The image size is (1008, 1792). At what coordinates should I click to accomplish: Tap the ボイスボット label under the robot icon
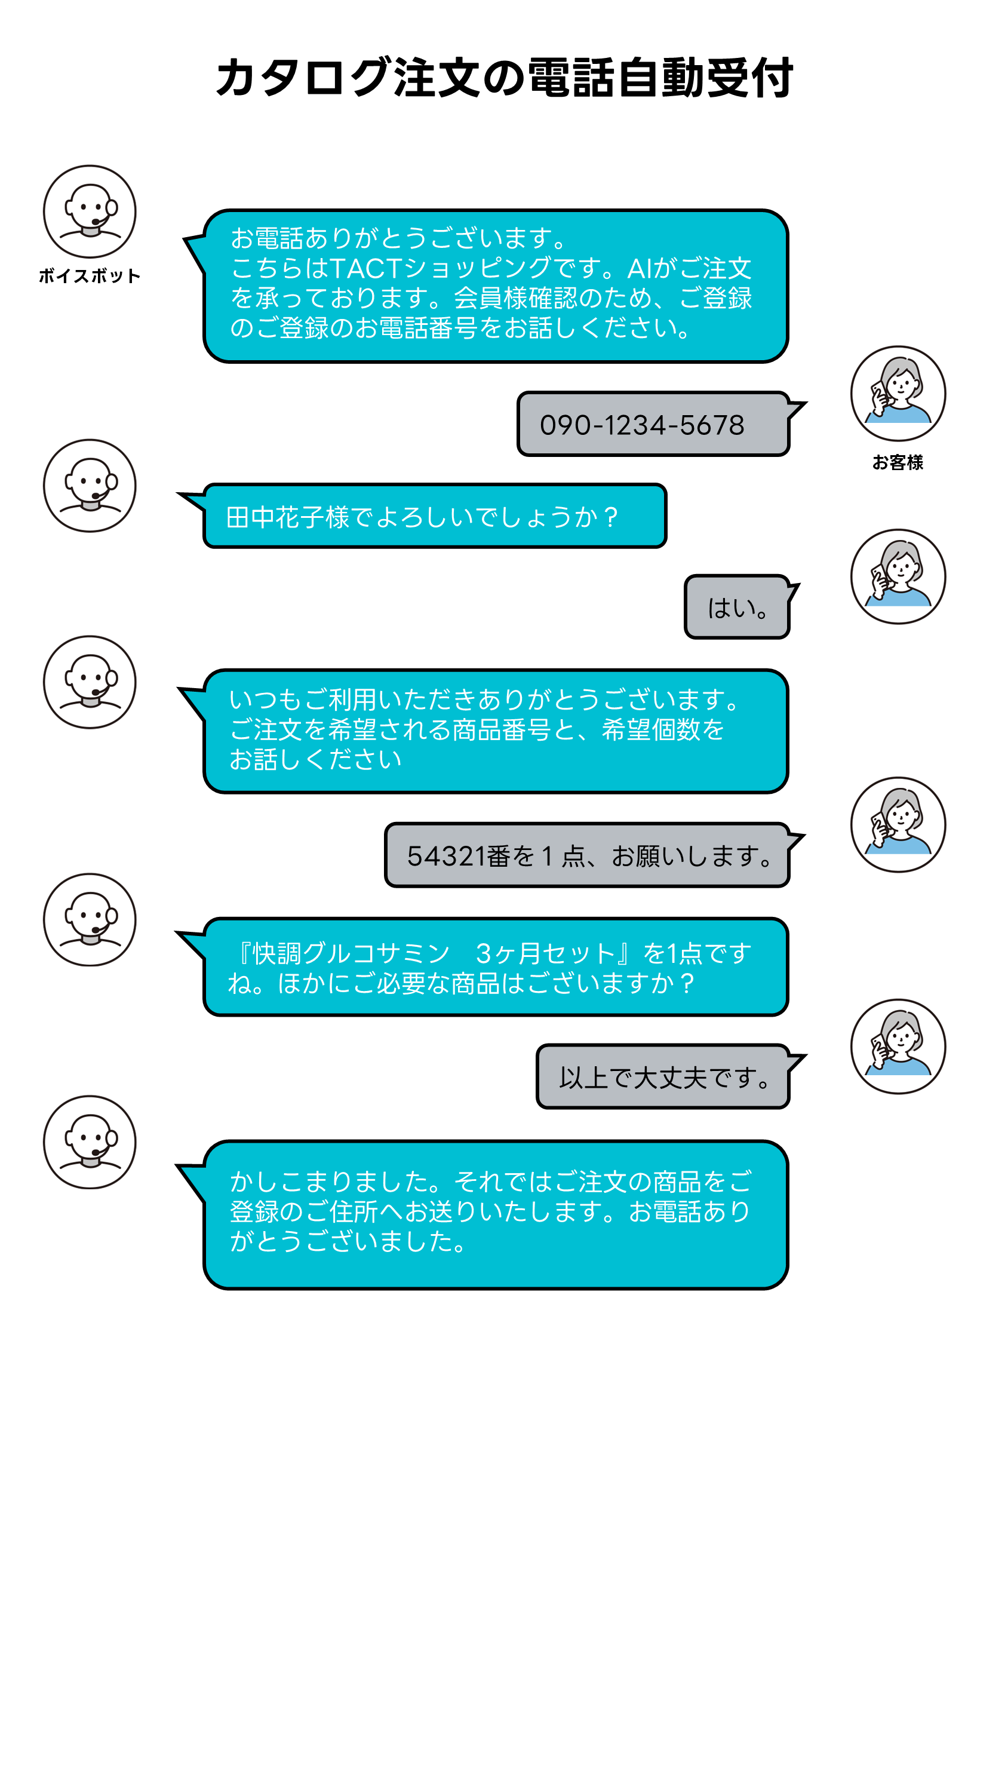pyautogui.click(x=90, y=276)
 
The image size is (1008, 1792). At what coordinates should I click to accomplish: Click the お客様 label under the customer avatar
pyautogui.click(x=898, y=462)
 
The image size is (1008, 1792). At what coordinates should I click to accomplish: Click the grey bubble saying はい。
pyautogui.click(x=737, y=607)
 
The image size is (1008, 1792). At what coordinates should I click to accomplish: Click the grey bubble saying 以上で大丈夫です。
pyautogui.click(x=665, y=1076)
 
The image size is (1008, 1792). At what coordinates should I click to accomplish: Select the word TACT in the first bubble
pyautogui.click(x=366, y=268)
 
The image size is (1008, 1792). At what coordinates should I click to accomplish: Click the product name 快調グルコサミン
pyautogui.click(x=351, y=953)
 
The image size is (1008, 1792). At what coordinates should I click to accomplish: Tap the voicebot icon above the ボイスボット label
pyautogui.click(x=90, y=211)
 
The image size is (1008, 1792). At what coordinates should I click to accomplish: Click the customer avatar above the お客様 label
pyautogui.click(x=898, y=394)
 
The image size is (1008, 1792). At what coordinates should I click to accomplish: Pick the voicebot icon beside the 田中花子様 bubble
pyautogui.click(x=90, y=486)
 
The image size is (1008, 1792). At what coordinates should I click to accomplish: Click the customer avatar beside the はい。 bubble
pyautogui.click(x=898, y=576)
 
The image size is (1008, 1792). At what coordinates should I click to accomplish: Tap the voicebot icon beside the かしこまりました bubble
pyautogui.click(x=90, y=1142)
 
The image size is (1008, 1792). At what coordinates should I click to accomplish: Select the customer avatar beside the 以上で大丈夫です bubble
pyautogui.click(x=898, y=1047)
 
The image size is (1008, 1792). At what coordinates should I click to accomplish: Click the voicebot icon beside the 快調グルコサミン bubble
pyautogui.click(x=90, y=920)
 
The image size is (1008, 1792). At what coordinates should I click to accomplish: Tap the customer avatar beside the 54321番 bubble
pyautogui.click(x=898, y=824)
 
